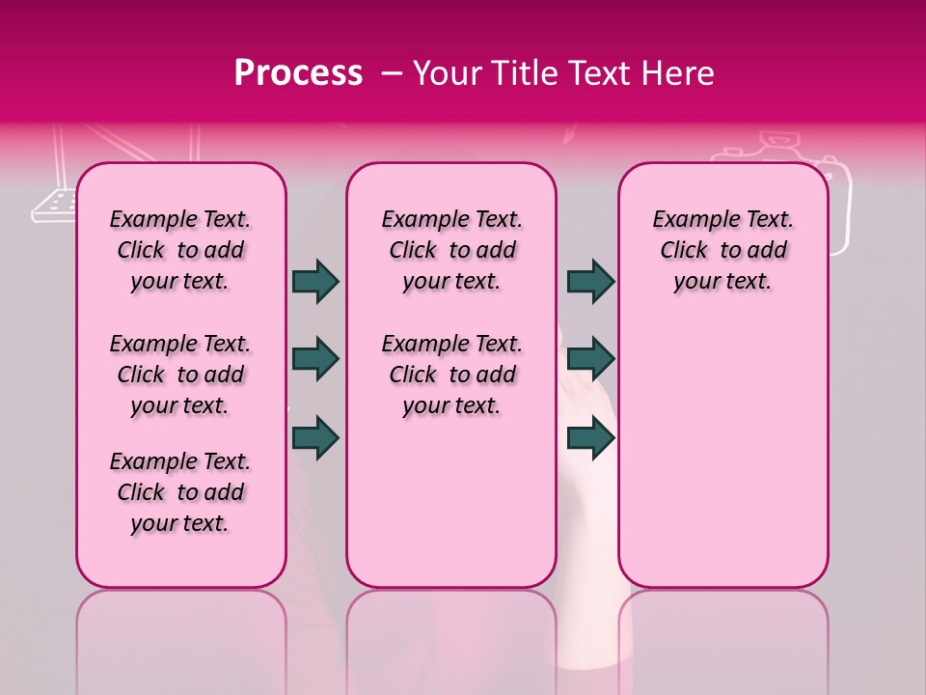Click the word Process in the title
(x=298, y=73)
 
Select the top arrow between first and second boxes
(x=315, y=281)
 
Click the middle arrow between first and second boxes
(x=315, y=359)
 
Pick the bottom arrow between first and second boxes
(x=315, y=438)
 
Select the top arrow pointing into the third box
(x=591, y=281)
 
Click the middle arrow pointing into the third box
(x=591, y=359)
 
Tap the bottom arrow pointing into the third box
(x=591, y=438)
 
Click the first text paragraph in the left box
(x=180, y=250)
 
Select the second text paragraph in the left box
(x=180, y=375)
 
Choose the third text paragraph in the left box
(x=180, y=492)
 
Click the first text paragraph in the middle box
(x=451, y=250)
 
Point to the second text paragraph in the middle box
(x=451, y=375)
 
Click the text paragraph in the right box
(x=722, y=250)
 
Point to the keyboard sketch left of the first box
(x=54, y=202)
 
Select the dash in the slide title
(x=392, y=73)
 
